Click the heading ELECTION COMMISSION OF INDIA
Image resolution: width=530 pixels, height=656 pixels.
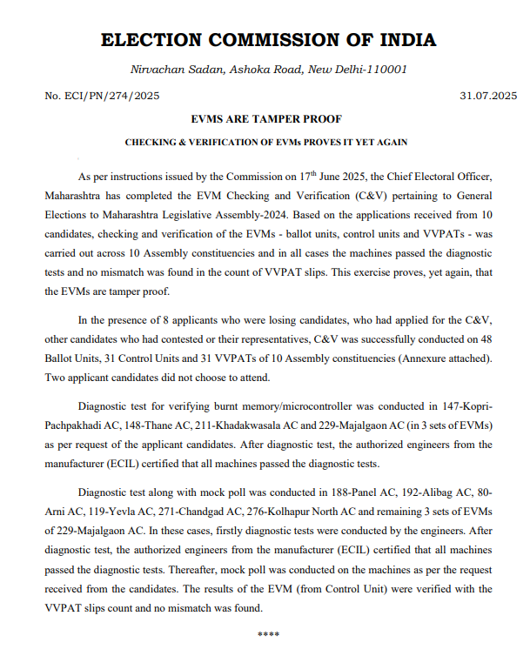click(x=268, y=40)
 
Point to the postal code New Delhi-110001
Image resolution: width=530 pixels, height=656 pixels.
click(x=370, y=69)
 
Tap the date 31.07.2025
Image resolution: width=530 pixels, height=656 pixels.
click(x=488, y=95)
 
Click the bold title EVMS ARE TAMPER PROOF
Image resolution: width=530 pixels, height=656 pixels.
click(x=265, y=118)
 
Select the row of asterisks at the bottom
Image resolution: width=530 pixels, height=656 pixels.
click(x=268, y=633)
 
